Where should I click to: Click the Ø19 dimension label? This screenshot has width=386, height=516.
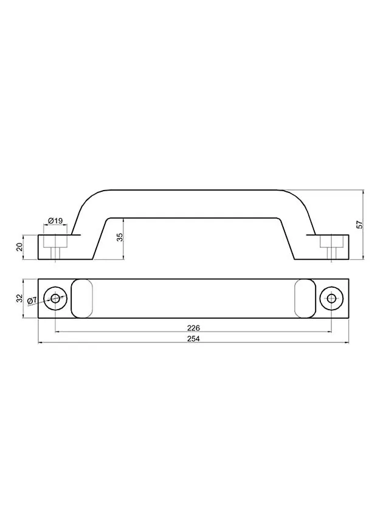click(55, 221)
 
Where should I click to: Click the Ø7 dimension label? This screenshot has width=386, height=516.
click(32, 300)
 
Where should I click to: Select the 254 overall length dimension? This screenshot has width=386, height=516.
click(193, 338)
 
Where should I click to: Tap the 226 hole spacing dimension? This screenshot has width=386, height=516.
click(193, 328)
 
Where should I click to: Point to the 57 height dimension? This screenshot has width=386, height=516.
click(360, 225)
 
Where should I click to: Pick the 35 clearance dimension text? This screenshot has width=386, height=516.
click(120, 237)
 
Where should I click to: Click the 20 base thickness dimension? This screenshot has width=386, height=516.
click(20, 247)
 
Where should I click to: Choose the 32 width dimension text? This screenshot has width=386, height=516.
click(20, 298)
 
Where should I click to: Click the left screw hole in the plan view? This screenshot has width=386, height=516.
click(55, 299)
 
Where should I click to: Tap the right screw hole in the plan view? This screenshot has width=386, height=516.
click(332, 299)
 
